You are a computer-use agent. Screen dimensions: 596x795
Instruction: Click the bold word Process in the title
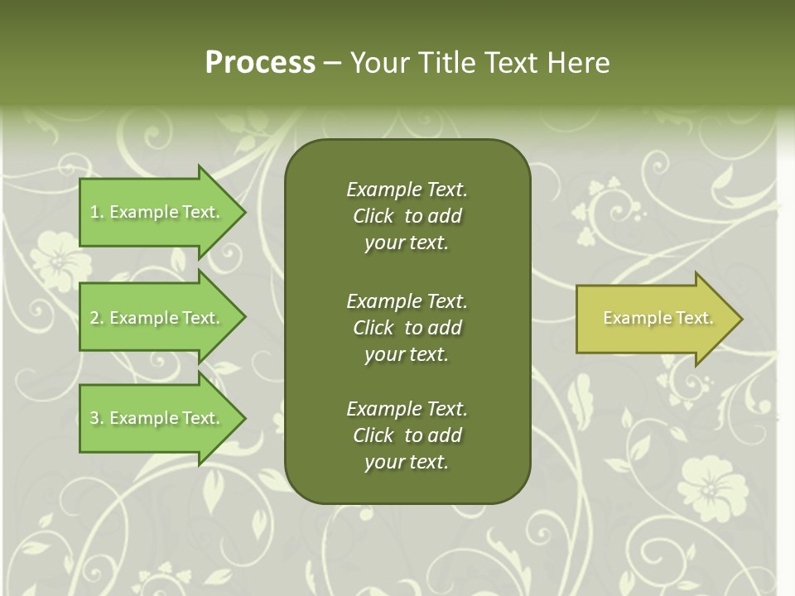click(260, 63)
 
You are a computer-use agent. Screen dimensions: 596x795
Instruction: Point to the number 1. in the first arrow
click(97, 212)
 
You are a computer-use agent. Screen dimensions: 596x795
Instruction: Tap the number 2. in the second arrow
click(97, 318)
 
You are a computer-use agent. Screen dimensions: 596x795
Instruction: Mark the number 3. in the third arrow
click(97, 418)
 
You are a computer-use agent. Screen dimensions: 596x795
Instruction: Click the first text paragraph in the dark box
click(407, 216)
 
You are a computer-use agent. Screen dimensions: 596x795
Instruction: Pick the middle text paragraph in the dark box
click(407, 328)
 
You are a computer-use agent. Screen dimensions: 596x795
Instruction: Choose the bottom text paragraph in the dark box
click(407, 435)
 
